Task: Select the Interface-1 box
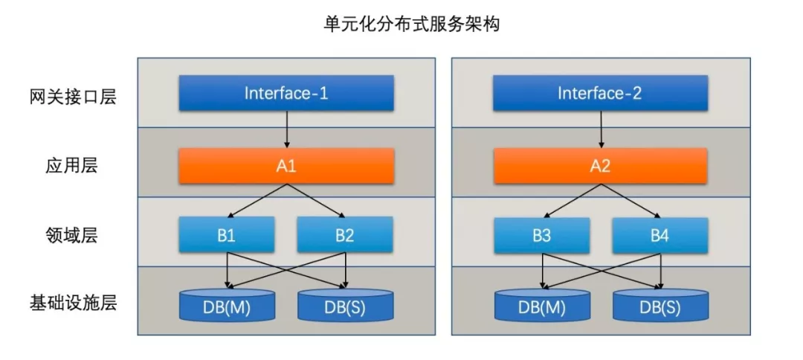point(286,93)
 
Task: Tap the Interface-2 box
point(600,93)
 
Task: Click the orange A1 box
point(286,166)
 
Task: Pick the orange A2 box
point(600,166)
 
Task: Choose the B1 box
point(227,235)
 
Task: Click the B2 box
point(345,235)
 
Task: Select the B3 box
point(542,235)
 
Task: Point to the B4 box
point(660,235)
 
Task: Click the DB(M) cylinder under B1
point(227,305)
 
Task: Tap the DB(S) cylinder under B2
point(345,305)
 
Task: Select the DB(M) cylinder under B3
point(542,305)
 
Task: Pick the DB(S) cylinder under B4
point(660,305)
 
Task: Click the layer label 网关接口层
point(73,97)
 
